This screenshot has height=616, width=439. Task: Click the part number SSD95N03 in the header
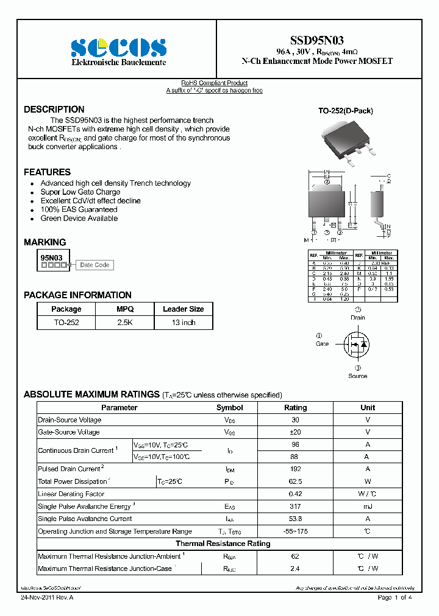point(316,41)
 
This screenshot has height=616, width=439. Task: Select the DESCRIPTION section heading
point(54,110)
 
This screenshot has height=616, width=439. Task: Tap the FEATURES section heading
point(47,172)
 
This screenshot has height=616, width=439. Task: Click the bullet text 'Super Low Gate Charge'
point(80,192)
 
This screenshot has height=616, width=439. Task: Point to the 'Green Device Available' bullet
point(79,218)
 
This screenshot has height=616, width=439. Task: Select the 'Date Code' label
point(95,265)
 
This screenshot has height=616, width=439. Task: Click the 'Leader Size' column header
point(183,309)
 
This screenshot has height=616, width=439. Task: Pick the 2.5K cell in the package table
point(125,323)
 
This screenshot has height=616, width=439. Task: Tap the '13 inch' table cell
point(183,323)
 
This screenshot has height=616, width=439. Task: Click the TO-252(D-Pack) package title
point(345,111)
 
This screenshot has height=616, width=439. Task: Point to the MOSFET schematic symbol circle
point(357,345)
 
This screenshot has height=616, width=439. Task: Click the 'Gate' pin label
point(322,344)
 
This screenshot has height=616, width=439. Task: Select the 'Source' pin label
point(357,376)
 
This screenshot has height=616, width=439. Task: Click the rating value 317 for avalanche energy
point(296,506)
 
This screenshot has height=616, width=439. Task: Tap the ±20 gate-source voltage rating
point(296,432)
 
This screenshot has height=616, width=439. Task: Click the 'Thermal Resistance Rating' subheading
point(223,544)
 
